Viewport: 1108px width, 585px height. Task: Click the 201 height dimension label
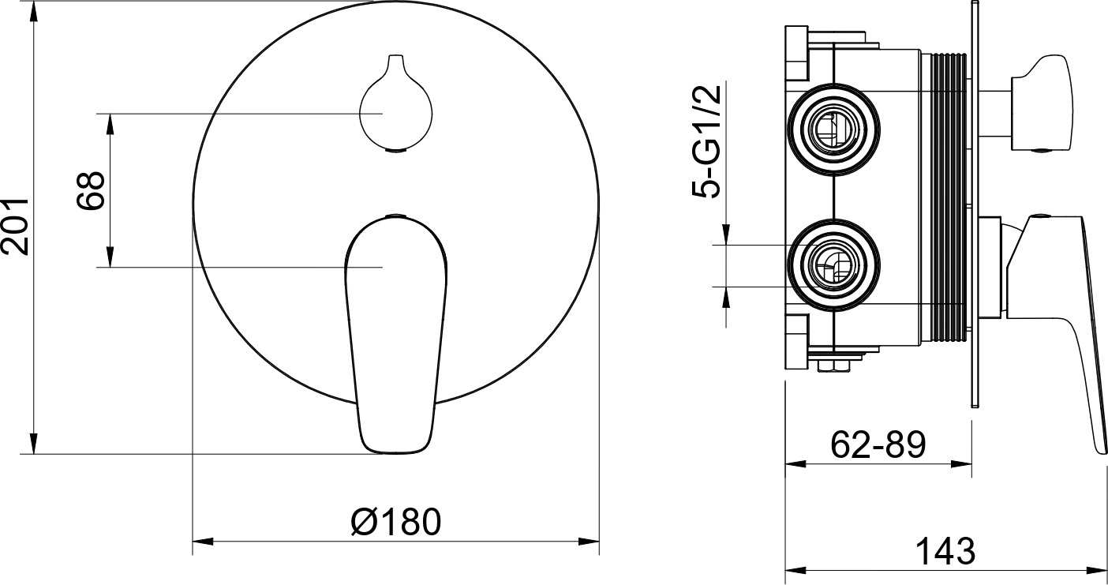15,227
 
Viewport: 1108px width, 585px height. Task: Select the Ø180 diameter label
395,521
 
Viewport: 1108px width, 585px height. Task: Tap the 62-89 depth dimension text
878,444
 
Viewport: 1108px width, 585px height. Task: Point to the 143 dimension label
945,551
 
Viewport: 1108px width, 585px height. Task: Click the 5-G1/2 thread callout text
707,141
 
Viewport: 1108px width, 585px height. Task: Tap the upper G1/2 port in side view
833,129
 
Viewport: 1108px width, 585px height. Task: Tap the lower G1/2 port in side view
833,266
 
